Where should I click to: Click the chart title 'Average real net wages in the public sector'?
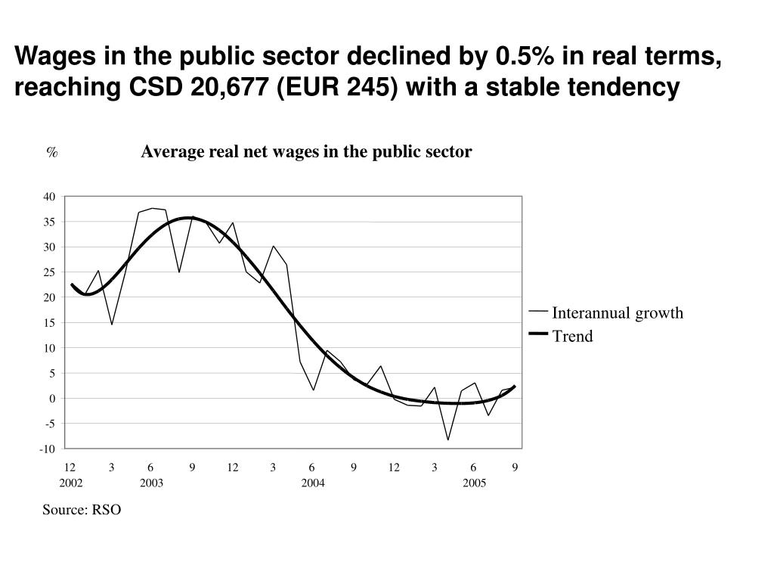point(306,152)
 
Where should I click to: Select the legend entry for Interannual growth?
point(617,313)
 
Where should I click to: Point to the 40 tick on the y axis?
point(49,197)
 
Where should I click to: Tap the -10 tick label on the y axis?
point(48,449)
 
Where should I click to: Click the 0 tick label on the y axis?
point(52,399)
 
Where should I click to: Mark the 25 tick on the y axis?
point(49,272)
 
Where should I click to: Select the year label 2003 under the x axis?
point(151,483)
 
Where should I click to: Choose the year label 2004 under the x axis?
point(313,483)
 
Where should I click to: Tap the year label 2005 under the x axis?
point(474,483)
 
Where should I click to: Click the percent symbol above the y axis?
point(51,153)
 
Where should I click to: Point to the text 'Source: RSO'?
point(82,510)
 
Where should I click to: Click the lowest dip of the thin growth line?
point(448,440)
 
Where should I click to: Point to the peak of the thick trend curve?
point(189,218)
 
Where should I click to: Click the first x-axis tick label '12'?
point(70,467)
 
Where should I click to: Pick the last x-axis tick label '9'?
point(515,467)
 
